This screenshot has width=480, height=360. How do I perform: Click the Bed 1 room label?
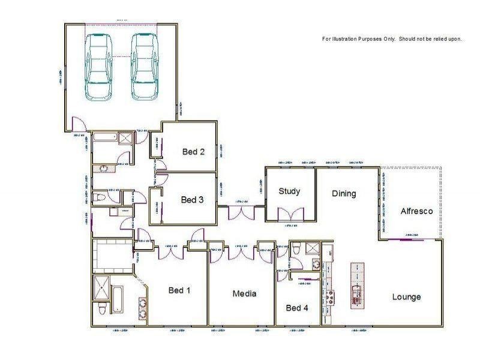point(179,291)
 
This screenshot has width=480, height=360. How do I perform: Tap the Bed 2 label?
point(193,152)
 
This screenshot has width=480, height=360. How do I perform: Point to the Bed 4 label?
point(297,308)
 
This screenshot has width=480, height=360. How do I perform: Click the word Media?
point(244,294)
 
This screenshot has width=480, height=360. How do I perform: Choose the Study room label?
point(289,191)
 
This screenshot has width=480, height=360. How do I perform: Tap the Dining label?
point(344,194)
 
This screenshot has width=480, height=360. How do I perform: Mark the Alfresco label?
point(416,211)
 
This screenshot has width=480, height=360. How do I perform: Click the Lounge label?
point(406,297)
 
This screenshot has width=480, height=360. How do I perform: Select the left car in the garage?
point(97,66)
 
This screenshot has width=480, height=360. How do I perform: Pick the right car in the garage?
point(143,66)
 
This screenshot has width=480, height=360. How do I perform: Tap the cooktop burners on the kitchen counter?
point(328,296)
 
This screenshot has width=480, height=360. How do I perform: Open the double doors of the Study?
point(291,215)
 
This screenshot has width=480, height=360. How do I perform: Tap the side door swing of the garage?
point(77,125)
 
